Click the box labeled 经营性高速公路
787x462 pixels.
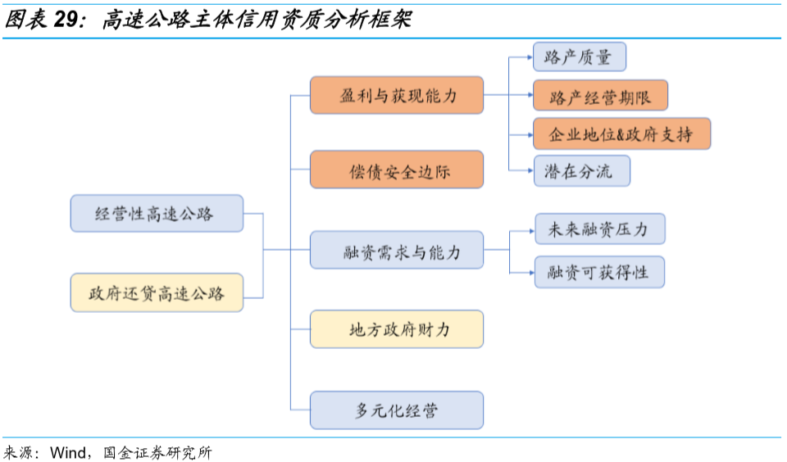(157, 213)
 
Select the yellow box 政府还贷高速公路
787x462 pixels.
(157, 292)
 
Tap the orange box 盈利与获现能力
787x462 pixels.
(397, 95)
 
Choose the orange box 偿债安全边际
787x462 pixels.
(397, 170)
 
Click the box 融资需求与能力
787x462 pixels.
(397, 250)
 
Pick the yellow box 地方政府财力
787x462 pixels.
(397, 329)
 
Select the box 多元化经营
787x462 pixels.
(397, 410)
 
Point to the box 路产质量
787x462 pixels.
(579, 57)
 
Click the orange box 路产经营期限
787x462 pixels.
(600, 96)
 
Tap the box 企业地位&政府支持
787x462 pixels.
(621, 134)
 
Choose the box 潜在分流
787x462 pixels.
(582, 171)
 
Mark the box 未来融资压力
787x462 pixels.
(599, 229)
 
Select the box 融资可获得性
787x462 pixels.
(599, 271)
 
